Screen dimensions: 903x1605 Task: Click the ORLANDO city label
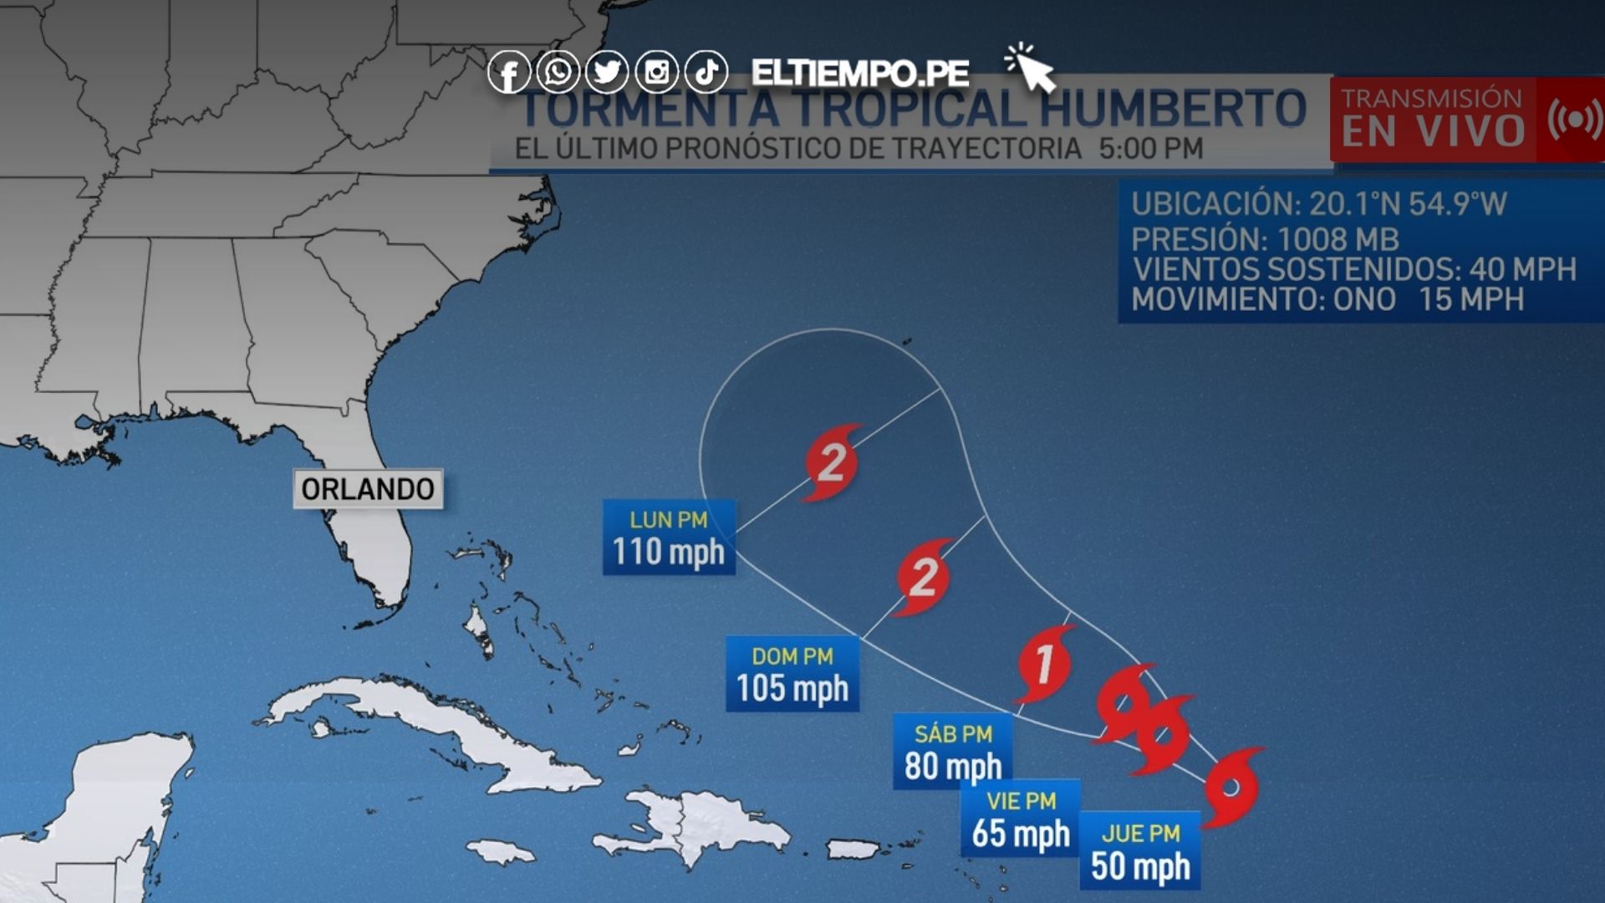point(368,489)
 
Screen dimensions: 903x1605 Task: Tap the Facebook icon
point(508,73)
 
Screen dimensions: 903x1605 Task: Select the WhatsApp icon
point(558,72)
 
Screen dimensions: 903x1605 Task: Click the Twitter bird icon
point(607,72)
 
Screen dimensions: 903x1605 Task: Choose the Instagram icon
point(657,72)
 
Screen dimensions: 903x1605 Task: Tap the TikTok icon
point(706,72)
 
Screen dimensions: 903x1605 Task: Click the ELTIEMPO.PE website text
point(860,74)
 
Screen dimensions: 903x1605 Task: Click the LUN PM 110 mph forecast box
point(669,538)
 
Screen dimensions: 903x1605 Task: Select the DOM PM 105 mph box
point(792,674)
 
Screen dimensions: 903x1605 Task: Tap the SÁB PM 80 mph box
point(953,752)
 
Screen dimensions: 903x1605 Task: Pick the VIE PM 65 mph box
point(1020,819)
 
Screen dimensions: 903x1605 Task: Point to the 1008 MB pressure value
point(1337,240)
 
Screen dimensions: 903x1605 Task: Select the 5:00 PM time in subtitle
point(1150,149)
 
